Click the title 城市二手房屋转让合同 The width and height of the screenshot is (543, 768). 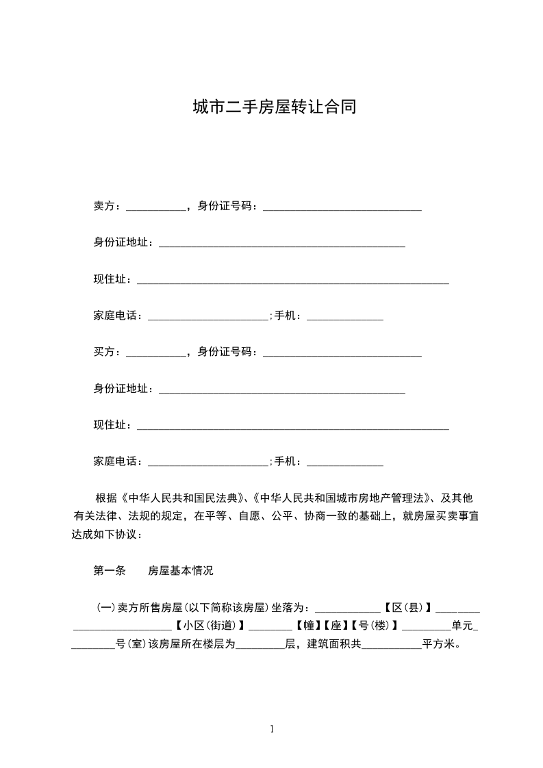[x=274, y=107]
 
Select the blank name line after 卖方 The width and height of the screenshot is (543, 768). [x=156, y=208]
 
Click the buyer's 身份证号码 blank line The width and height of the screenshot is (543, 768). [x=342, y=355]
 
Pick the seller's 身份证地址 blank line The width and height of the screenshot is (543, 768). [x=281, y=245]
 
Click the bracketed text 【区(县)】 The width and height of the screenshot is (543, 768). [x=407, y=607]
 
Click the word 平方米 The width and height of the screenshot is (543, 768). [x=441, y=643]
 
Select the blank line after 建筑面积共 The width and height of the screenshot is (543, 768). [x=392, y=646]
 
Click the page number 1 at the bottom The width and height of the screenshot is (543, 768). [x=272, y=729]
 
